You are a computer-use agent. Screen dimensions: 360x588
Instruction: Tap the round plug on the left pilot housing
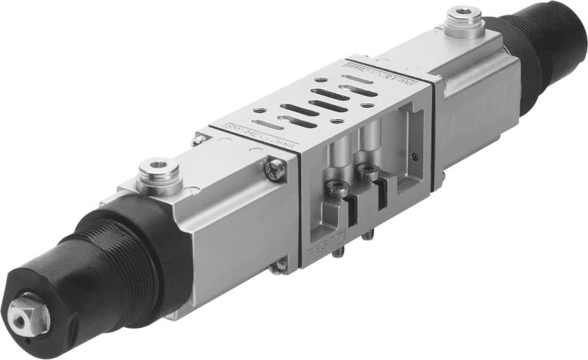pos(156,174)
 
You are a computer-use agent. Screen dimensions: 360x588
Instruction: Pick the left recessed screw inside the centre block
pos(337,189)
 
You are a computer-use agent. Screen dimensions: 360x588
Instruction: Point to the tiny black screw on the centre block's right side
pos(416,156)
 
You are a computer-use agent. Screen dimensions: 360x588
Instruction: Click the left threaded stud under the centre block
pos(337,253)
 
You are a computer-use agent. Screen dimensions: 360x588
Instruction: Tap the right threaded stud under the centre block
pos(369,235)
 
